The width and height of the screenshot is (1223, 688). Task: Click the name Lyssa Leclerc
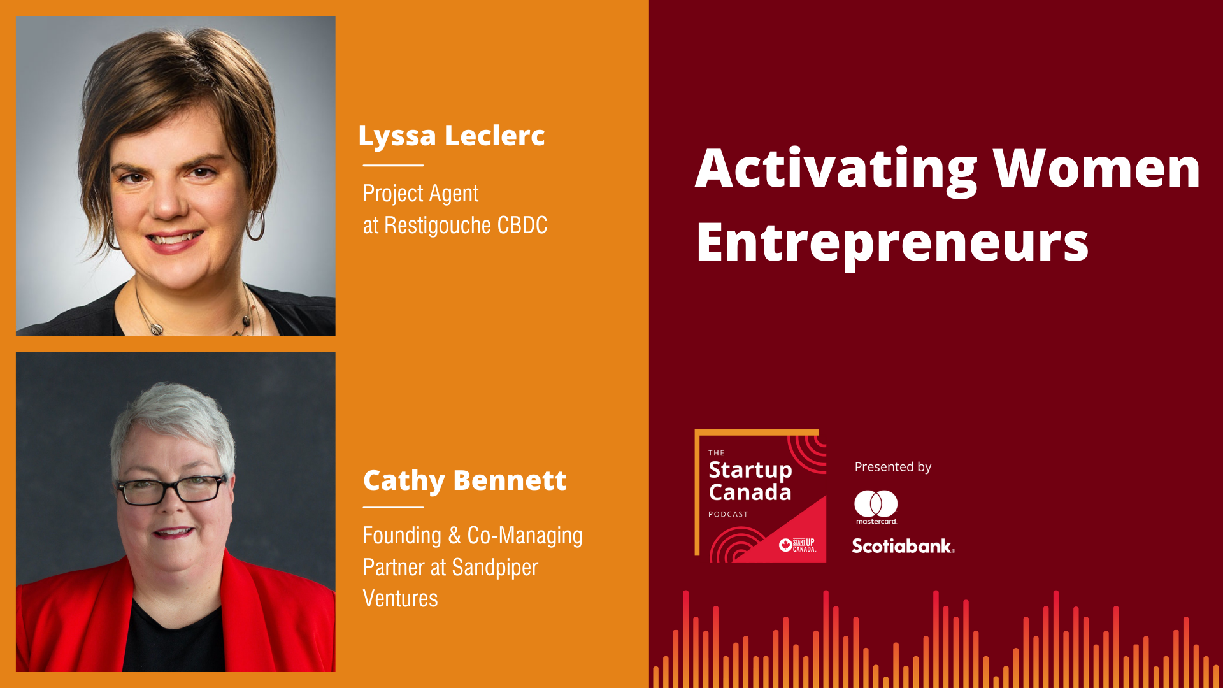[x=451, y=136]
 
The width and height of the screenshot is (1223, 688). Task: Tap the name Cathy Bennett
[x=464, y=481]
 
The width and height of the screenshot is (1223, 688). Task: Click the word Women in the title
[x=1096, y=168]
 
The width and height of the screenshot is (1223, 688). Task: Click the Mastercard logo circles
[x=876, y=503]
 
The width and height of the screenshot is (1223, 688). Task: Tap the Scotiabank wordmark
[x=903, y=546]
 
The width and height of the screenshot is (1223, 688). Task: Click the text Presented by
[x=892, y=467]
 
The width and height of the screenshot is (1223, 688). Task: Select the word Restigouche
[x=438, y=226]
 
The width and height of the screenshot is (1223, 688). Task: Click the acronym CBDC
[x=522, y=226]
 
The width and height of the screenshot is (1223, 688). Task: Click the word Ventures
[x=400, y=599]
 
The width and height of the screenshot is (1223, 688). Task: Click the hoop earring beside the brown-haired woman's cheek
[x=255, y=224]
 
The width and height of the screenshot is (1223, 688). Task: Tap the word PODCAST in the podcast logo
[x=728, y=514]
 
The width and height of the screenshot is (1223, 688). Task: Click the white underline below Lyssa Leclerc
[x=393, y=165]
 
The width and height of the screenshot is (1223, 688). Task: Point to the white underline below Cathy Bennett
[x=393, y=507]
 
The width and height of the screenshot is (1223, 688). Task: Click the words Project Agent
[x=420, y=194]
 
